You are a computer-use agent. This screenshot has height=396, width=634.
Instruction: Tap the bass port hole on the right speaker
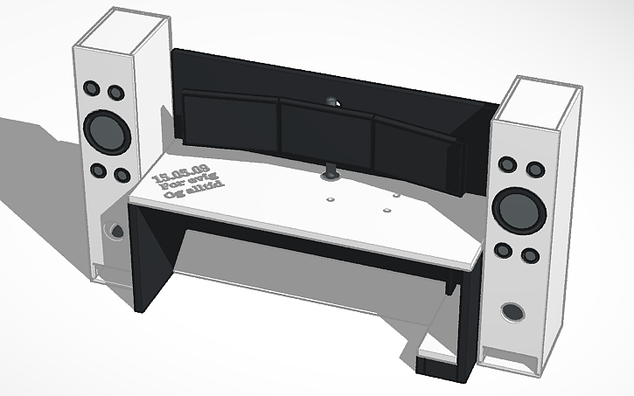pos(512,311)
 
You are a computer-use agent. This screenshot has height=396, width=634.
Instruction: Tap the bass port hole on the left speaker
pos(111,231)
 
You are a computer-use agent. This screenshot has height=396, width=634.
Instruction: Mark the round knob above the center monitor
pos(333,101)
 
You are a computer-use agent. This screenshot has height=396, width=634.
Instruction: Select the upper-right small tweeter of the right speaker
pos(531,166)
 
